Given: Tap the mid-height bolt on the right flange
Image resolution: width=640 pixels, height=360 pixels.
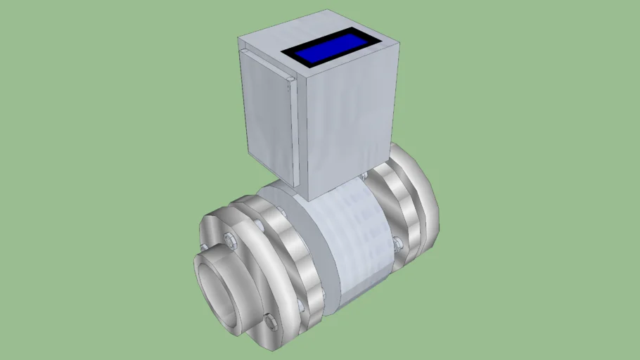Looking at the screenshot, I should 397,243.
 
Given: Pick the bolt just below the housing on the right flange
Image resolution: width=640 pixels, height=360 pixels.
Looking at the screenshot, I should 364,174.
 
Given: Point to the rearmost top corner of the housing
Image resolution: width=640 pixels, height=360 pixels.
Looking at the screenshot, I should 328,11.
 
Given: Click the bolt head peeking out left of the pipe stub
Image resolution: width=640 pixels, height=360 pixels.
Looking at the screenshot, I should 203,247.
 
